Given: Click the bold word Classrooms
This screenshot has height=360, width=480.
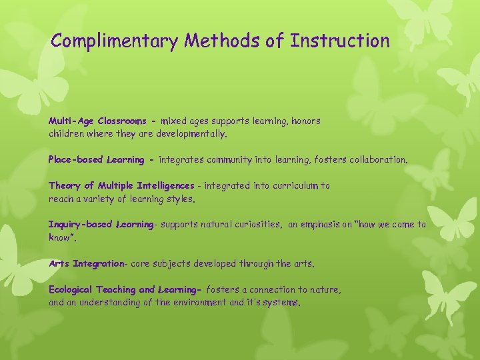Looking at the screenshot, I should point(122,121).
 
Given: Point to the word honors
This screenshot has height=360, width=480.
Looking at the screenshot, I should point(305,121).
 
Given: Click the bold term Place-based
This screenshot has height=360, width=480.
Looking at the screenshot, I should point(72,160).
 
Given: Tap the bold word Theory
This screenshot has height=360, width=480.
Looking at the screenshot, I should point(65,186).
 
